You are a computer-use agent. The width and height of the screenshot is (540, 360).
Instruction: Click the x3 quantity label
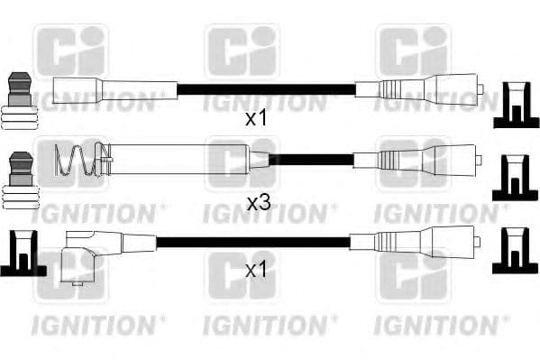[259, 204]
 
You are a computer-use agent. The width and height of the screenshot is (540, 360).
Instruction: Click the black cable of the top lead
[266, 89]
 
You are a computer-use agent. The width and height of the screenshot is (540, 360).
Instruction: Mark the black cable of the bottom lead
[252, 243]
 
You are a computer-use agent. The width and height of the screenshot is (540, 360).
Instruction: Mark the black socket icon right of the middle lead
[513, 178]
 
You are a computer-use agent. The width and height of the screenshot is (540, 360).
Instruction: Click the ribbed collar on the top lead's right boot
[390, 89]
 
